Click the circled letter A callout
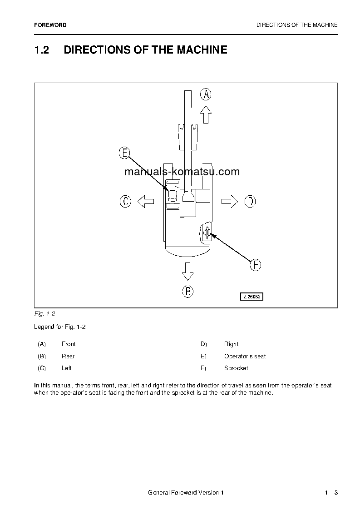(206, 94)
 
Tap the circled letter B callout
(188, 292)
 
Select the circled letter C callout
(125, 201)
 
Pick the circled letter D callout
(250, 201)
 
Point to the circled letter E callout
(124, 153)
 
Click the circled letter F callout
(256, 265)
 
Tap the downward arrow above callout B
(187, 271)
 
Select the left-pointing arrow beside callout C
(146, 201)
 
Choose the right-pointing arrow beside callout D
(230, 201)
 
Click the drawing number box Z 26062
(252, 297)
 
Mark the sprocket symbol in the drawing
(207, 233)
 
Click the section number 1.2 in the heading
(42, 50)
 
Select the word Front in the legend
(69, 344)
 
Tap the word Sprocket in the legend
(236, 368)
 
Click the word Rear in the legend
(68, 357)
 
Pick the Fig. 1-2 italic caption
(44, 314)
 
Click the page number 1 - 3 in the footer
(331, 493)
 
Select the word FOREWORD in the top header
(50, 25)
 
